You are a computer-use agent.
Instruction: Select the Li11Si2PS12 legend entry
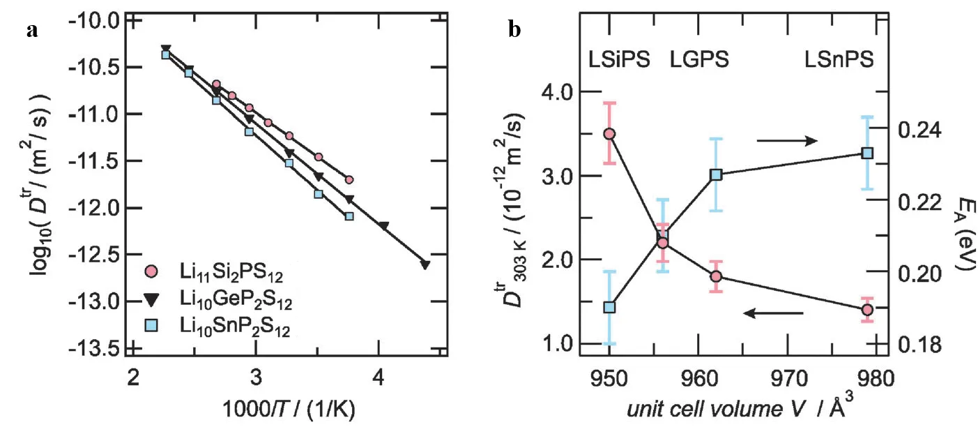(217, 270)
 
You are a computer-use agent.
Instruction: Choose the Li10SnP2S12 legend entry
(217, 328)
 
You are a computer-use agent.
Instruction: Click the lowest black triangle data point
(425, 264)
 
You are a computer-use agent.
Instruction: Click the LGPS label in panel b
(699, 59)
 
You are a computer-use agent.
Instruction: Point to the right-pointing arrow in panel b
(786, 141)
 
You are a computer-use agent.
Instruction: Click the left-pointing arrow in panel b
(773, 313)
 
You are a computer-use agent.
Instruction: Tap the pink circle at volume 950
(609, 134)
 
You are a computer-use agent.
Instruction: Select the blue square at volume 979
(867, 153)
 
